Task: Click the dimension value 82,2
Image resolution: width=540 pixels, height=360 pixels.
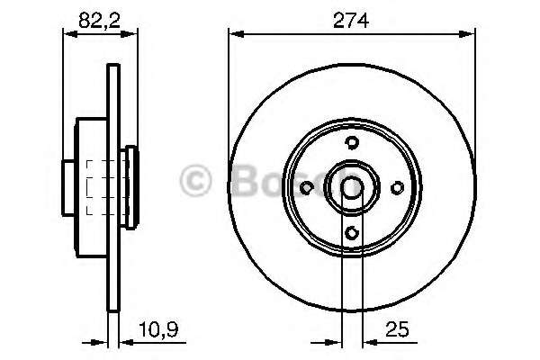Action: pos(100,21)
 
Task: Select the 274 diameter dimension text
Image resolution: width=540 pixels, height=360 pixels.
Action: pos(351,21)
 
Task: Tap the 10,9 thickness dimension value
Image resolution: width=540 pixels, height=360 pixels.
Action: pos(158,329)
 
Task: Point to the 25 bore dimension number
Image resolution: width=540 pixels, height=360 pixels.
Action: pos(398,329)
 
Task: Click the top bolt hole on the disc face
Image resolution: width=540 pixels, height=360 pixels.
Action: pos(352,142)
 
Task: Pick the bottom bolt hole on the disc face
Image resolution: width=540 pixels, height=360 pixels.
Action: pos(352,233)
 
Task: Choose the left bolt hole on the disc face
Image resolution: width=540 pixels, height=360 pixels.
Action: pos(306,188)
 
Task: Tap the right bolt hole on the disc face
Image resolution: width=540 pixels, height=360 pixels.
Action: pos(398,188)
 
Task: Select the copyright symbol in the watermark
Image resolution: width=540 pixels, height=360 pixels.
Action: pos(195,180)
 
